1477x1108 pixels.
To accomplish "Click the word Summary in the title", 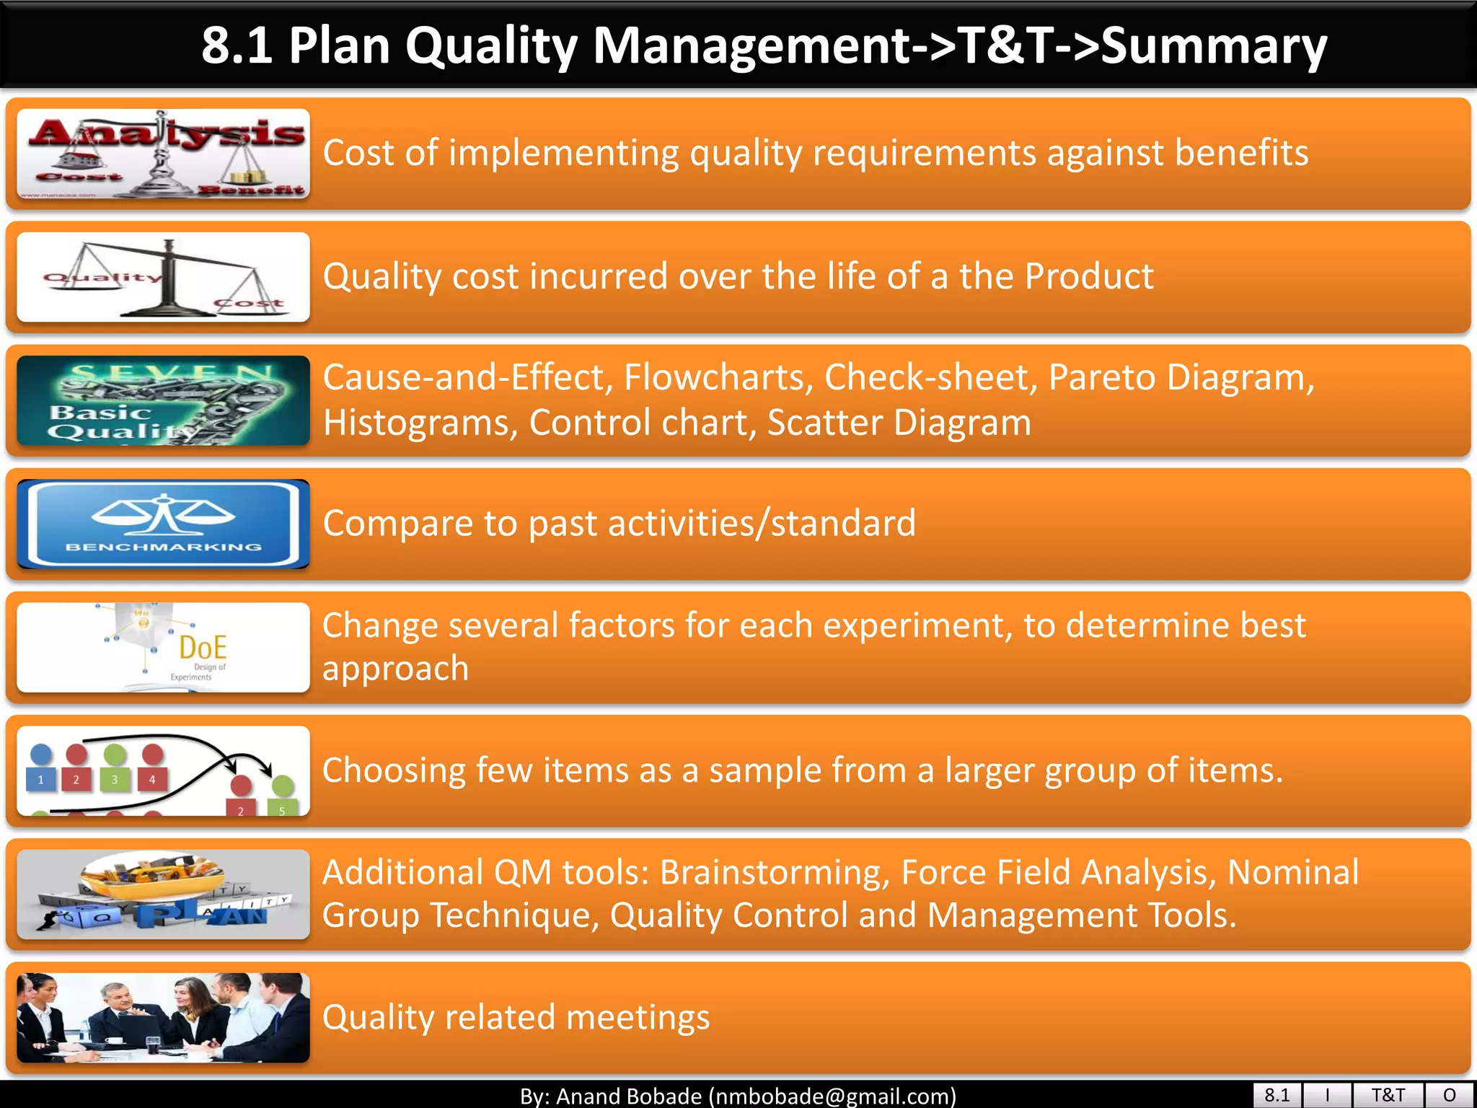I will click(x=1214, y=46).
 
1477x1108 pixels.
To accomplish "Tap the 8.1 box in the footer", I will click(x=1277, y=1095).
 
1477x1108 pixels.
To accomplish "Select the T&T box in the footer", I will click(x=1388, y=1095).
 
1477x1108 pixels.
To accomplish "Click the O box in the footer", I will click(x=1449, y=1095).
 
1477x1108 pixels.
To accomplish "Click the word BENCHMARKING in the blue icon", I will click(x=164, y=547).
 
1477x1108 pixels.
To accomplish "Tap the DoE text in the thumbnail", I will click(x=203, y=647).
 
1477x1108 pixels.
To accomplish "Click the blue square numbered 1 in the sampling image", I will click(x=41, y=779).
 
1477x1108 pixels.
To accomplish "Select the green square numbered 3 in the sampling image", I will click(x=114, y=779).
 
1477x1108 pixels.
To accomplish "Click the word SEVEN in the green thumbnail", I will click(x=172, y=373).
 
